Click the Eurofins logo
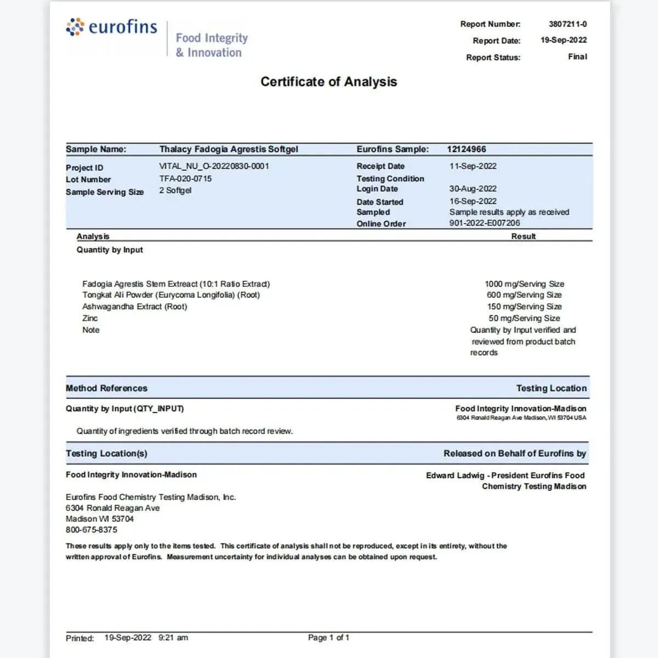[111, 27]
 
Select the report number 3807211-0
[568, 24]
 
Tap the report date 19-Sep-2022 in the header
[563, 40]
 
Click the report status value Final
[577, 56]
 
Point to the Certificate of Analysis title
[328, 82]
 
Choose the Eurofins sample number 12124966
[466, 149]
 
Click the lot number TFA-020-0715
[185, 179]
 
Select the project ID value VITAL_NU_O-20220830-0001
[214, 166]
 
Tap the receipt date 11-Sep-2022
[473, 166]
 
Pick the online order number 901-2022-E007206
[485, 223]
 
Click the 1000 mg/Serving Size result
[524, 284]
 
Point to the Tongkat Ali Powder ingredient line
[171, 295]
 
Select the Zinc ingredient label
[90, 318]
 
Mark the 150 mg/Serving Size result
[524, 307]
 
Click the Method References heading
[106, 388]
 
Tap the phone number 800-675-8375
[91, 530]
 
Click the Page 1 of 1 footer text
[328, 637]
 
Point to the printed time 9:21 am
[173, 638]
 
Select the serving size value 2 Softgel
[175, 190]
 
